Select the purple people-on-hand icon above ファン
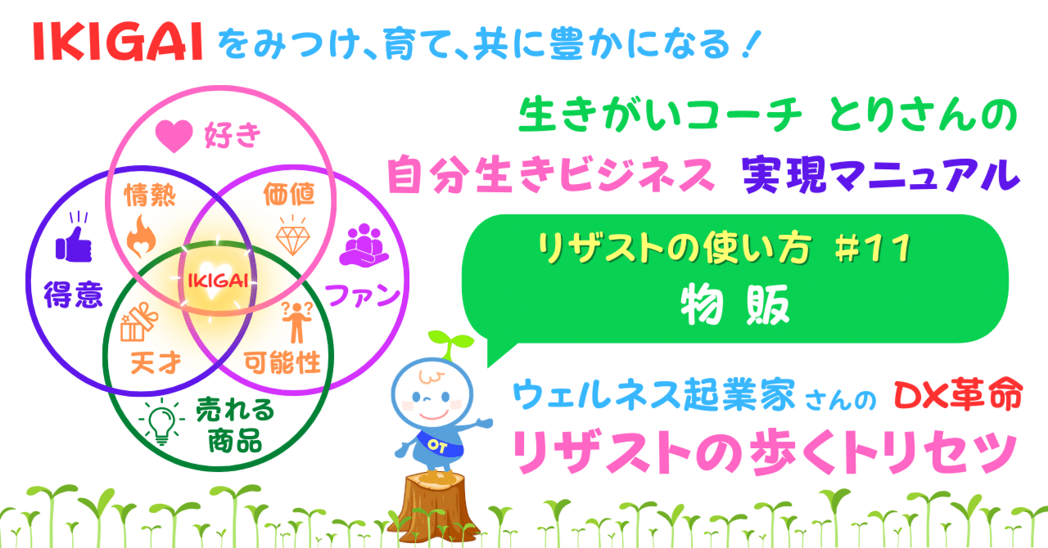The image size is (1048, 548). point(363,245)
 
